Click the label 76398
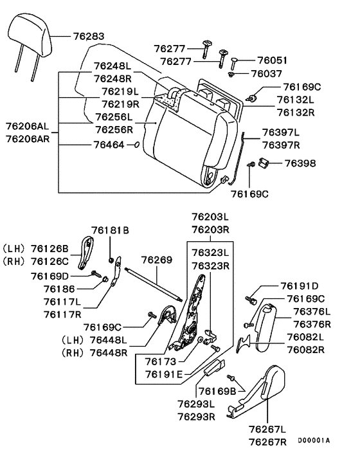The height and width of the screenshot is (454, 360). coord(301,165)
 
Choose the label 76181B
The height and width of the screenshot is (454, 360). coord(110,230)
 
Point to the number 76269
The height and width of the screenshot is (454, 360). coord(157,260)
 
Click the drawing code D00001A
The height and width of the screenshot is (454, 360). coord(313,440)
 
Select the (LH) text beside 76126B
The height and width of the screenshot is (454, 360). coord(14,249)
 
